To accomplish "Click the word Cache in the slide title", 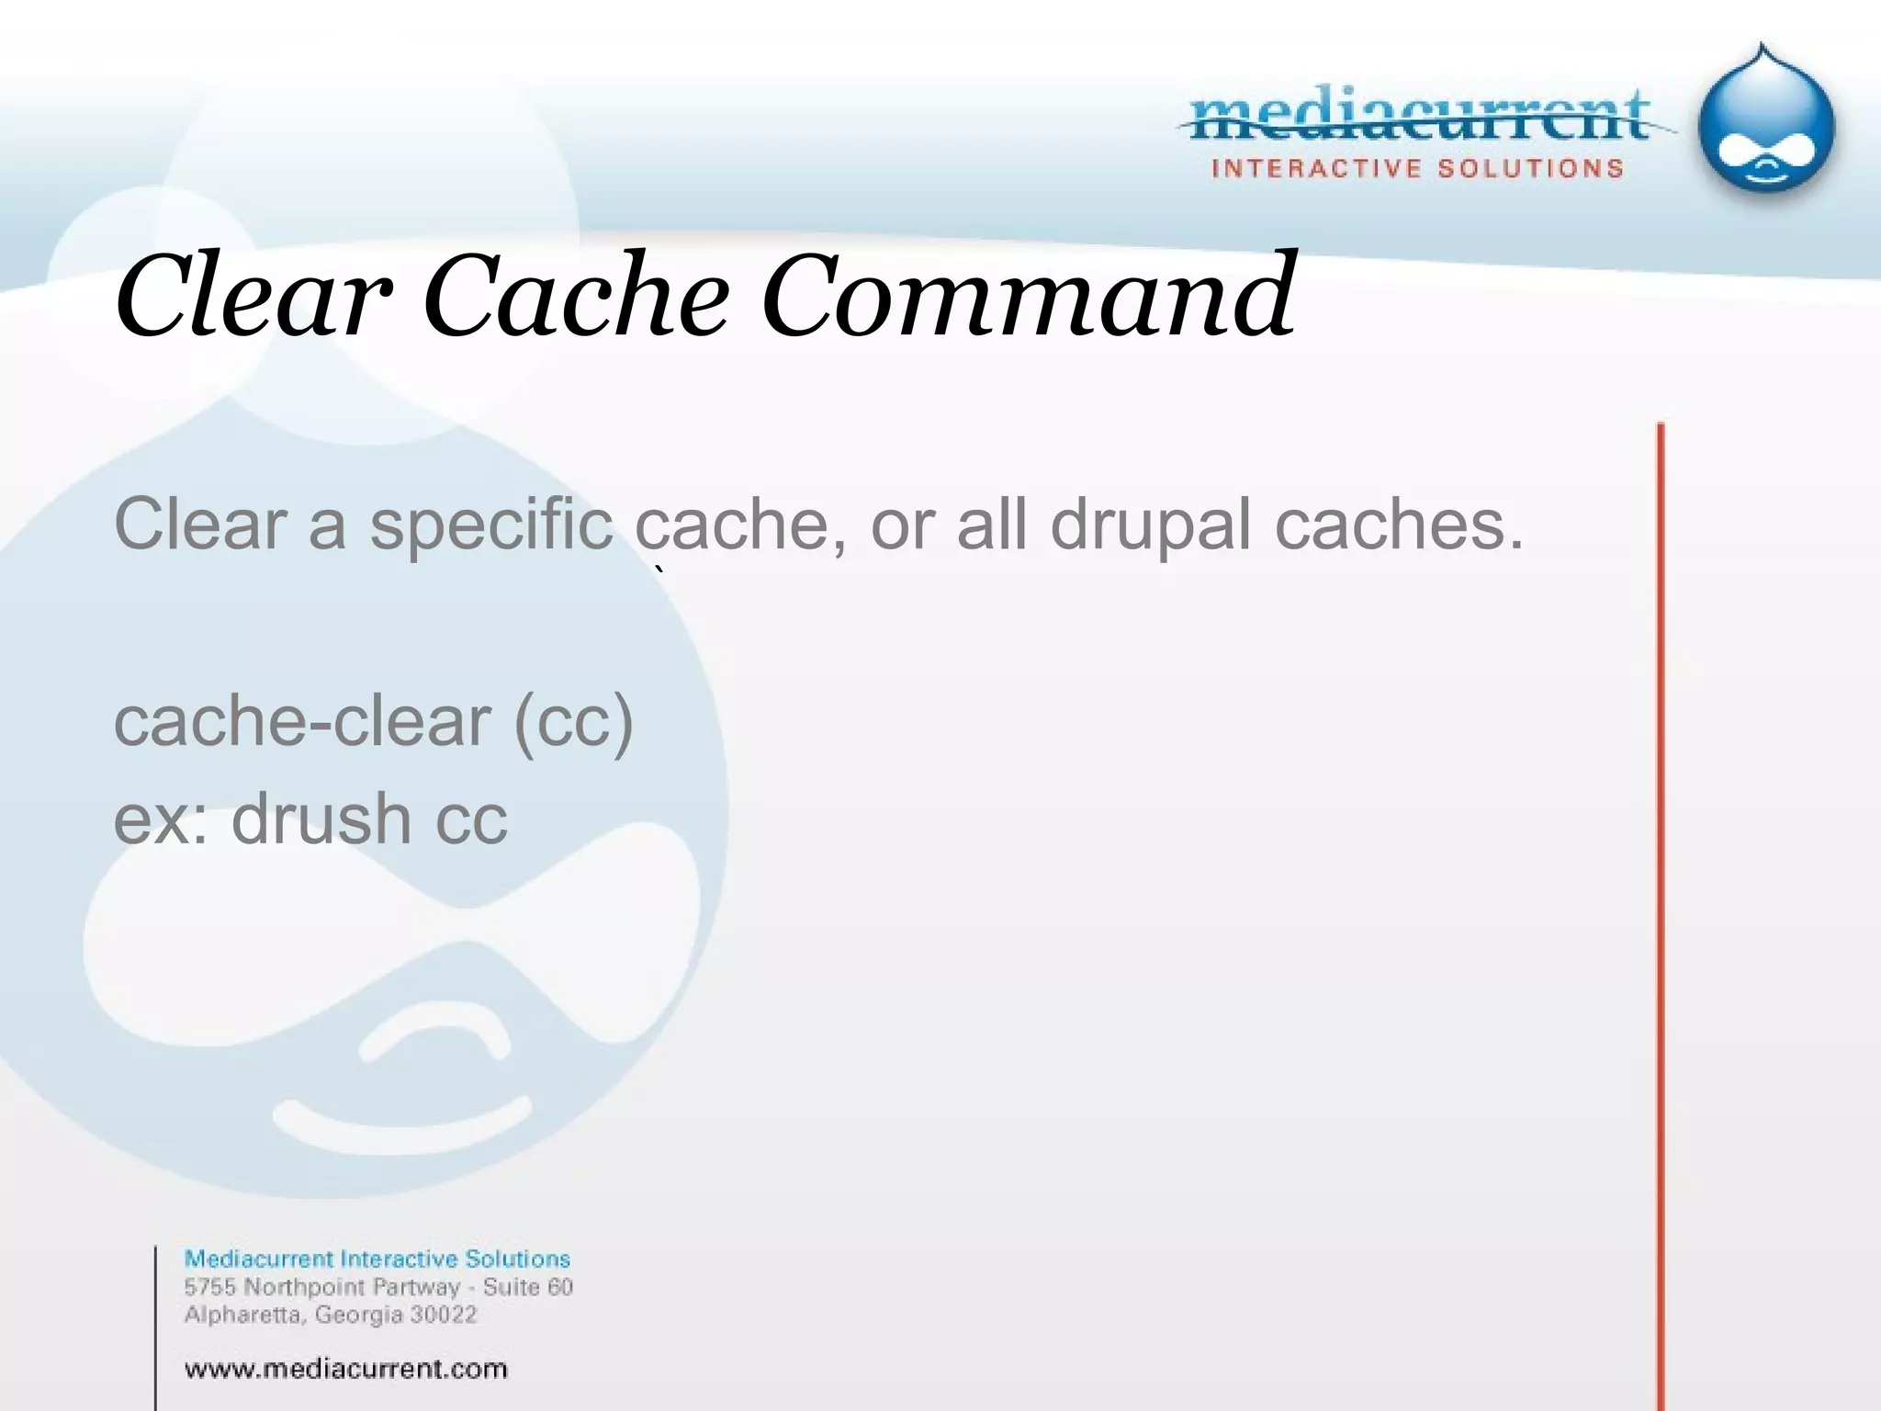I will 576,296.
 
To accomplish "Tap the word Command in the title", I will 1028,296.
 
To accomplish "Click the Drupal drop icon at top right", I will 1765,124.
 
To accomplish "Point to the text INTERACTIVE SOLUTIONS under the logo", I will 1417,169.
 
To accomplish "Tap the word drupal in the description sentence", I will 1150,525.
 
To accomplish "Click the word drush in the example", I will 320,818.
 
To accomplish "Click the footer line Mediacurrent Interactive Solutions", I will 377,1259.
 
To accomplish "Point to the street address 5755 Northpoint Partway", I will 321,1287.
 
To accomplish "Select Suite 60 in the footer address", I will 527,1287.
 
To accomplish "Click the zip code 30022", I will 443,1315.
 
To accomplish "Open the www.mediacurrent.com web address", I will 345,1369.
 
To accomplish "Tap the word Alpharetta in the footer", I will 242,1315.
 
